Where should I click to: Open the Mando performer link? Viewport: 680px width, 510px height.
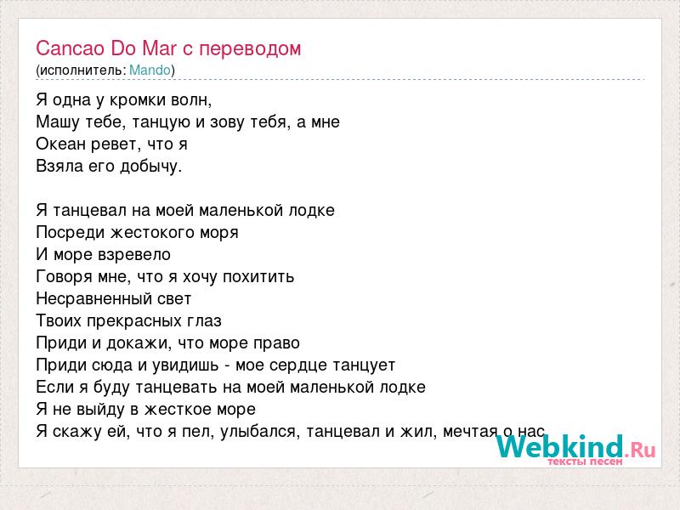click(150, 71)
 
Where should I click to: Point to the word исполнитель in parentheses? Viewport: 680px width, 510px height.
click(82, 71)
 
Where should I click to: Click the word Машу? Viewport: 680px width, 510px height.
click(57, 122)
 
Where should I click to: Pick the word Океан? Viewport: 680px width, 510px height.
click(60, 144)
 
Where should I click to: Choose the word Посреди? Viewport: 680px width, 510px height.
click(71, 232)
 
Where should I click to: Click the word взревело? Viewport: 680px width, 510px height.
click(134, 255)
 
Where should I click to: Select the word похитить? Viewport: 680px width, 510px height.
click(258, 277)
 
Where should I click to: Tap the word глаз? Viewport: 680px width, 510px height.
click(204, 321)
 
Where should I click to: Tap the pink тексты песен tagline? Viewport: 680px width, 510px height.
click(585, 462)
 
